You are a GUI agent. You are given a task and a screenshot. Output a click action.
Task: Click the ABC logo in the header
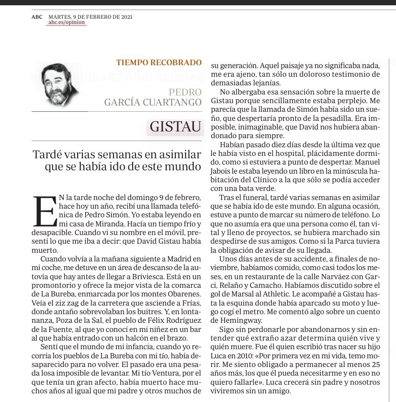coord(37,16)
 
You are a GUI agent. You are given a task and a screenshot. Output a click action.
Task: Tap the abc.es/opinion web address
coord(67,23)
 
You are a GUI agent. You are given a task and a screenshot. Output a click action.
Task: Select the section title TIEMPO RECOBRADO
coord(158,62)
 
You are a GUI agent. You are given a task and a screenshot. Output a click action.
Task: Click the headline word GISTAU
coord(173,127)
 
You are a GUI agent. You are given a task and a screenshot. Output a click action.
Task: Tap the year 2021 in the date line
coord(124,16)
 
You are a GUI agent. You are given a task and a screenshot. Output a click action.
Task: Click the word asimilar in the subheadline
coord(177,155)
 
